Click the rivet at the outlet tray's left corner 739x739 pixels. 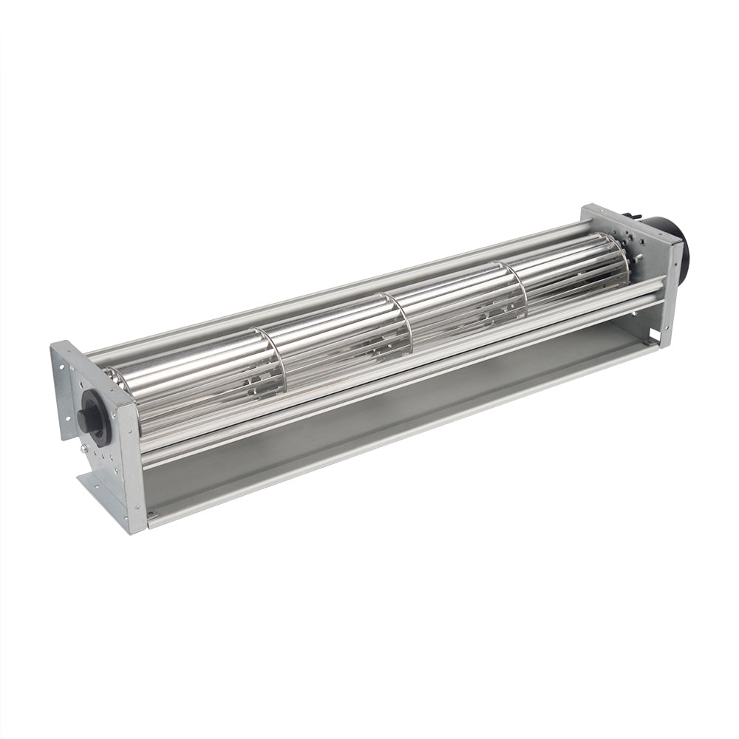click(150, 515)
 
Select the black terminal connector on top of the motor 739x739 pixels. click(627, 217)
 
